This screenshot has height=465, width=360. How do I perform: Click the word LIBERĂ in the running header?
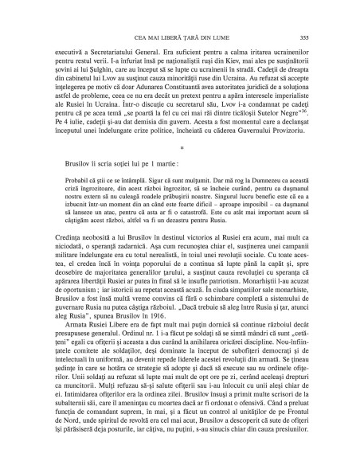click(x=170, y=38)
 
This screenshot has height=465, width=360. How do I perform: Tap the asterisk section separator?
click(x=182, y=170)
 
